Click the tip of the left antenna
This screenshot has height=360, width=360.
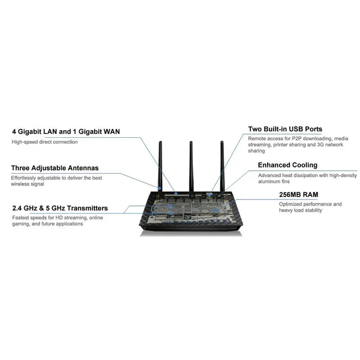click(160, 143)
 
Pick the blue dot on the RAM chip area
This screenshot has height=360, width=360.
click(216, 210)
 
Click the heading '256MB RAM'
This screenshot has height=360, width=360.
click(299, 194)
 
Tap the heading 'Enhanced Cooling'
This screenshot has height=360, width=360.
click(287, 165)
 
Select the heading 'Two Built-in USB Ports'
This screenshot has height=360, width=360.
click(285, 129)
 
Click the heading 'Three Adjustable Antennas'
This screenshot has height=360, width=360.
click(55, 168)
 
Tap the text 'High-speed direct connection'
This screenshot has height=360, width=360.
click(45, 142)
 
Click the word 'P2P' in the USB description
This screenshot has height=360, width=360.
click(295, 138)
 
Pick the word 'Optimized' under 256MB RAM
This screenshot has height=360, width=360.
click(291, 204)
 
